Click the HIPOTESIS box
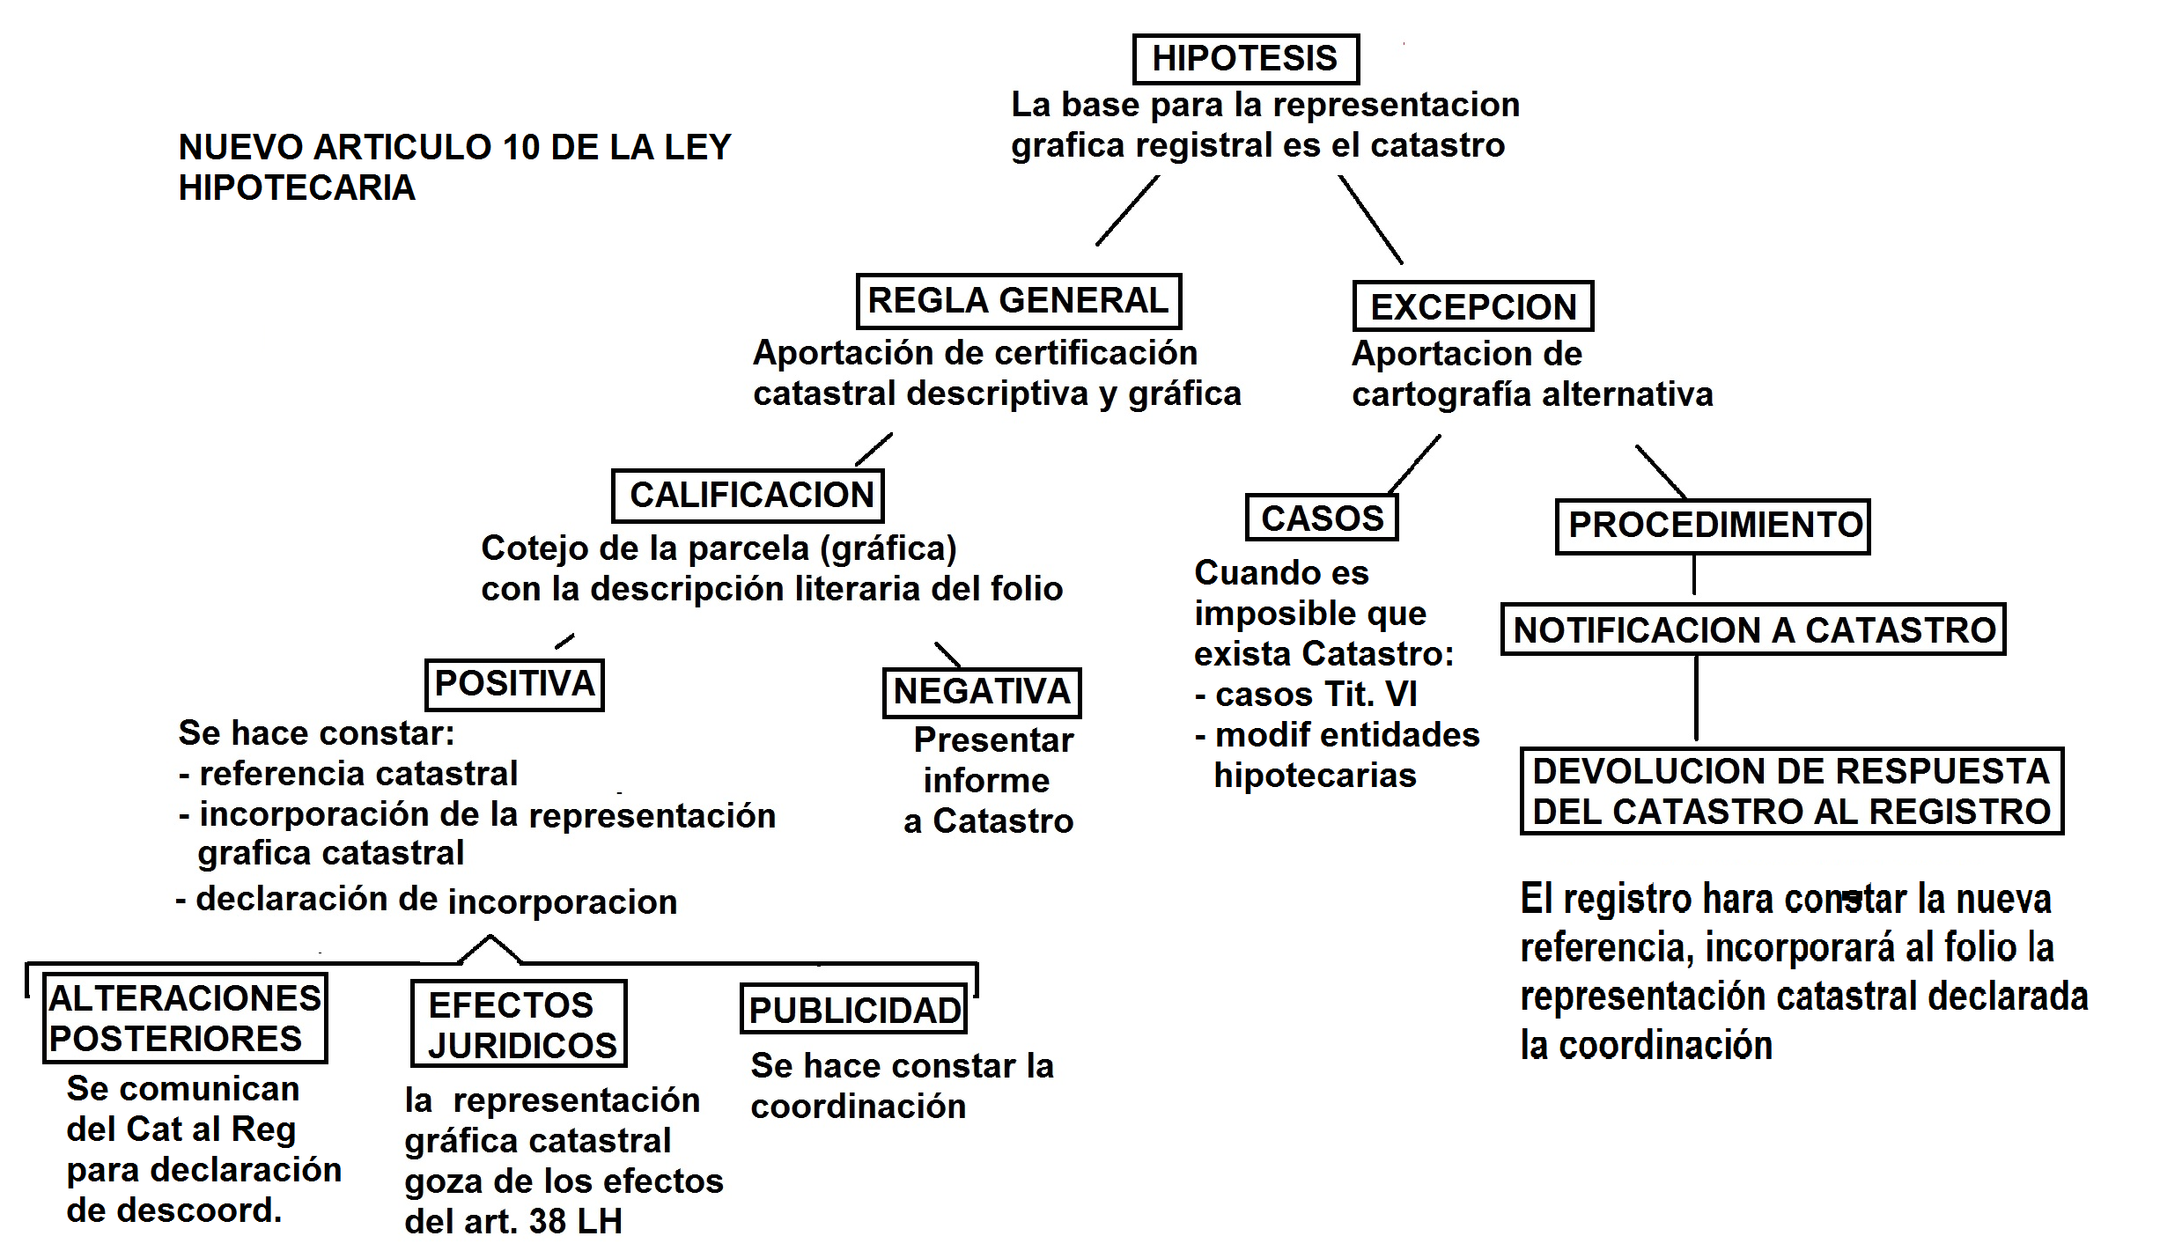coord(1245,59)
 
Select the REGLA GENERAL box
coord(1018,301)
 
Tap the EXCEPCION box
coord(1472,306)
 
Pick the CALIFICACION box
coord(748,496)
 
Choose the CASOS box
coord(1322,518)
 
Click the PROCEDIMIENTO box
coord(1713,526)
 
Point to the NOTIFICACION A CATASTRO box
coord(1753,629)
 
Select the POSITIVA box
coord(515,684)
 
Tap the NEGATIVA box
coord(982,692)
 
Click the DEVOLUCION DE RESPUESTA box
coord(1791,791)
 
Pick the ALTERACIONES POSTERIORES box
coord(185,1019)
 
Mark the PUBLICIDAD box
coord(853,1010)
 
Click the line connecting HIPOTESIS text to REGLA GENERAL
coord(1127,210)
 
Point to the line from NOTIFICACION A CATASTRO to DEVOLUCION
coord(1696,698)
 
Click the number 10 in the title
coord(520,147)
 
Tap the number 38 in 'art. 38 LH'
coord(547,1221)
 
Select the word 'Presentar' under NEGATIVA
coord(993,740)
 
